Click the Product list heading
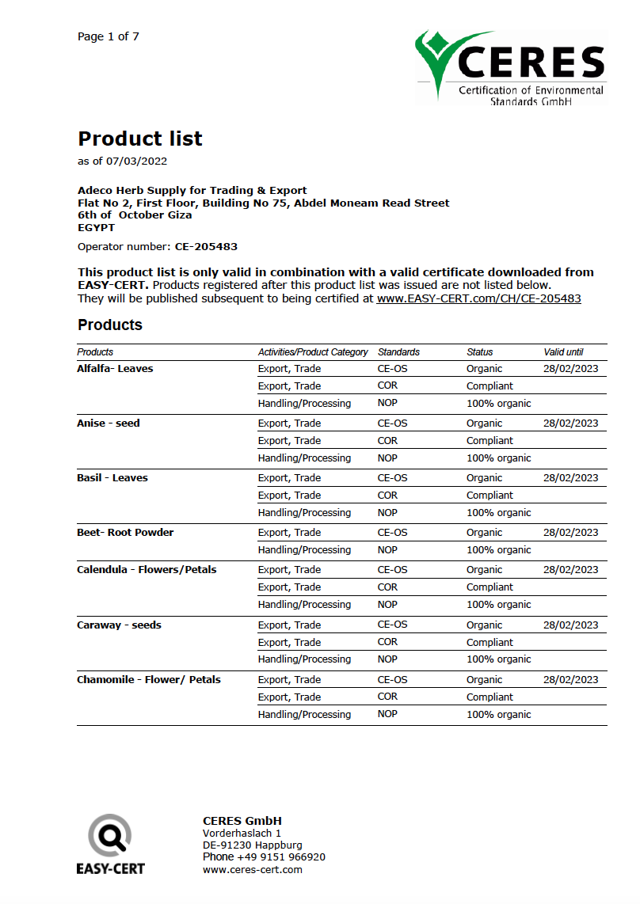click(x=140, y=139)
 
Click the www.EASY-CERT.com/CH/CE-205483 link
click(x=478, y=298)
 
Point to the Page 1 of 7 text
click(x=109, y=36)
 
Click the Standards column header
click(x=398, y=351)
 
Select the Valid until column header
click(x=563, y=351)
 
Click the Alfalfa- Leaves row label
click(x=115, y=368)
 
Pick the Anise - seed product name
click(x=109, y=423)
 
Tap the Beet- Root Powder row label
click(x=125, y=532)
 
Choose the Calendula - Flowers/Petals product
click(x=147, y=569)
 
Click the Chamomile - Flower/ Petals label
click(x=149, y=679)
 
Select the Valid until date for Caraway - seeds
click(x=570, y=625)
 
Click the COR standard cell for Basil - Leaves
click(x=387, y=495)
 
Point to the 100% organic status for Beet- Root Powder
click(x=498, y=549)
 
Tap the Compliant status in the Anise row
click(x=490, y=440)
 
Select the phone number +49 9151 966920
click(x=280, y=857)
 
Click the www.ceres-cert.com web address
click(x=253, y=869)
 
